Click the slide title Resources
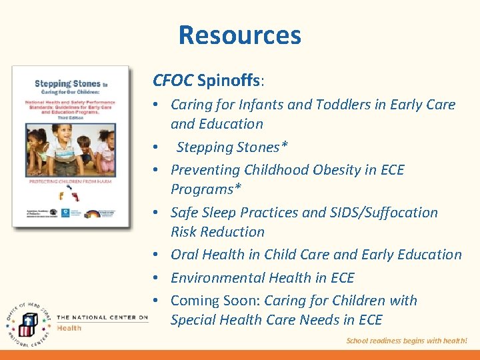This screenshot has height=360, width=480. [239, 35]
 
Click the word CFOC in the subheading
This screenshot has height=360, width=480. [173, 81]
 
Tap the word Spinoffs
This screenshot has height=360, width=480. [230, 81]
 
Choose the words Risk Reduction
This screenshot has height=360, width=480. [217, 232]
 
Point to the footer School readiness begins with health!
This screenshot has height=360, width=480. [407, 341]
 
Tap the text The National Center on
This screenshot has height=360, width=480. [102, 317]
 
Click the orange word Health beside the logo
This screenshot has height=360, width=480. [69, 328]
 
